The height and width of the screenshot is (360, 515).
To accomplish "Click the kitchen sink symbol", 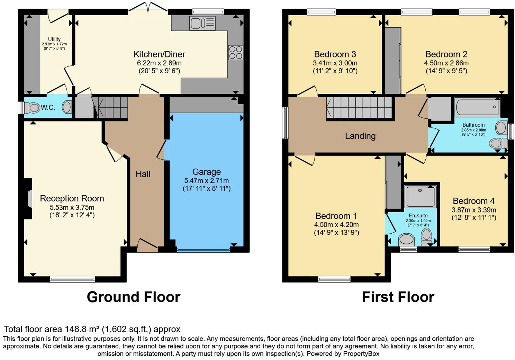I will [202, 23].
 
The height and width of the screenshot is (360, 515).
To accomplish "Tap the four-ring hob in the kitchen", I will [235, 53].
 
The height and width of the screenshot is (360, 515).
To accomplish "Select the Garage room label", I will [206, 172].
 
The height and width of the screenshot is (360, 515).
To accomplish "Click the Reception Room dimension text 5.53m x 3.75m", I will [72, 207].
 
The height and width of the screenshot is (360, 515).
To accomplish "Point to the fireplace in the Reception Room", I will [29, 198].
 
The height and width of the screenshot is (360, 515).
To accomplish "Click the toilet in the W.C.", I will [34, 108].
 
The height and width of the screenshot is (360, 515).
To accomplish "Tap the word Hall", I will [143, 174].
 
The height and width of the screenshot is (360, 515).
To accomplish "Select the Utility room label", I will [54, 39].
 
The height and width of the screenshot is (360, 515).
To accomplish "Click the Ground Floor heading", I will [133, 297].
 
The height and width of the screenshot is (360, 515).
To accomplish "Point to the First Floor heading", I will [398, 297].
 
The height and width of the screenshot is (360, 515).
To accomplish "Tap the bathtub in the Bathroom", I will [478, 107].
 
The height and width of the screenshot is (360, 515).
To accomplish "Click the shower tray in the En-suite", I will [421, 197].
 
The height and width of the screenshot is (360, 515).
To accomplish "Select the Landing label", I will [360, 136].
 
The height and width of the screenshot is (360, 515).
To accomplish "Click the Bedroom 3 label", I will [335, 54].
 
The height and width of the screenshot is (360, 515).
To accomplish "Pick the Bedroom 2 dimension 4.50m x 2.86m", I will [446, 63].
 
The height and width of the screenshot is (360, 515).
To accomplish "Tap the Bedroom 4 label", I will [473, 201].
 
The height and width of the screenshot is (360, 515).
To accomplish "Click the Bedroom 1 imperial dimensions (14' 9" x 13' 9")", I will [336, 233].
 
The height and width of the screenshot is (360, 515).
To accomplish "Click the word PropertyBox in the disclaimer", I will [361, 354].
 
